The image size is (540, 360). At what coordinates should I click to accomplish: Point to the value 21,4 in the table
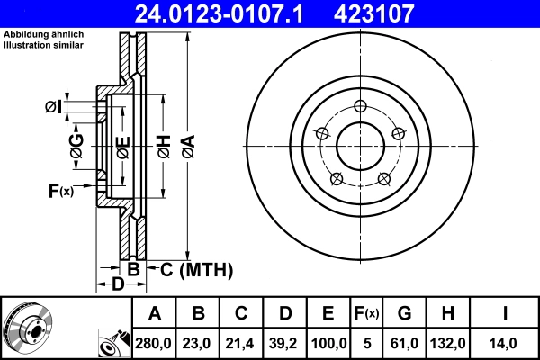[242, 343]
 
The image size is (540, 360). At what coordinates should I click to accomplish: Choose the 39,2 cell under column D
[285, 343]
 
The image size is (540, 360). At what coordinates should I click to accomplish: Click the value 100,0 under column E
[328, 343]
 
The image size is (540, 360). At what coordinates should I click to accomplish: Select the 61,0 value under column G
[404, 343]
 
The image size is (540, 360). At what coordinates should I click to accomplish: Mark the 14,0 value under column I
[505, 343]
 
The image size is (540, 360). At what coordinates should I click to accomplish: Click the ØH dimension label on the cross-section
[163, 146]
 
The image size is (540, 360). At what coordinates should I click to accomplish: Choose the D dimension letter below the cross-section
[117, 285]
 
